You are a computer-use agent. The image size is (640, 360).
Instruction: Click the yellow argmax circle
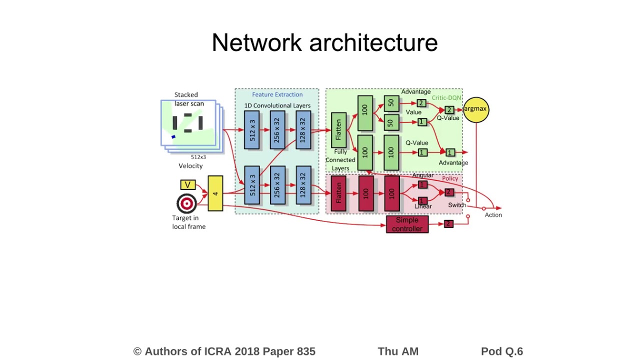pyautogui.click(x=475, y=110)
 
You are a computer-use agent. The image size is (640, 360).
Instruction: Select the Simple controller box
pyautogui.click(x=407, y=224)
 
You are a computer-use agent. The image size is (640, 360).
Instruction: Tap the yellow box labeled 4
pyautogui.click(x=215, y=193)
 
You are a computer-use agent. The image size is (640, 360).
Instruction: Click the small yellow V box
pyautogui.click(x=187, y=185)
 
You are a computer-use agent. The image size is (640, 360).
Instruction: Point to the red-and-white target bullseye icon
pyautogui.click(x=186, y=203)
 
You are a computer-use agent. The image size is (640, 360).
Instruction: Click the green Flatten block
pyautogui.click(x=338, y=129)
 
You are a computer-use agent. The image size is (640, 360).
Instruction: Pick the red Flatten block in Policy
pyautogui.click(x=338, y=193)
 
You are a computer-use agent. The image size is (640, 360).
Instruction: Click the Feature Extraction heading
pyautogui.click(x=277, y=94)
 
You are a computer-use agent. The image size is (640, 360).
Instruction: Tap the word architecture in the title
pyautogui.click(x=373, y=43)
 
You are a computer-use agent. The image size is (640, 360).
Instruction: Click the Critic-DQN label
pyautogui.click(x=446, y=98)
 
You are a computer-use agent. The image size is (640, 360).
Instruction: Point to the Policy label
pyautogui.click(x=450, y=178)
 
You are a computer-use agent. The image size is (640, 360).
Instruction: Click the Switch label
pyautogui.click(x=457, y=205)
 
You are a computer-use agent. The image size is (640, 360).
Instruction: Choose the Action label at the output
pyautogui.click(x=493, y=215)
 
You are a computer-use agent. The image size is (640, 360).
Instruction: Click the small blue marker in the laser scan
pyautogui.click(x=173, y=136)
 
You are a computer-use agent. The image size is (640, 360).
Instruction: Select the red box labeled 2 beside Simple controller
pyautogui.click(x=448, y=224)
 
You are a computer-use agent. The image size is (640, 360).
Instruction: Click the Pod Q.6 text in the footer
pyautogui.click(x=501, y=351)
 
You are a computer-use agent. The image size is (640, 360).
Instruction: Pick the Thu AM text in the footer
pyautogui.click(x=398, y=351)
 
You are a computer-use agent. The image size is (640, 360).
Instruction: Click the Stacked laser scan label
pyautogui.click(x=188, y=99)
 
